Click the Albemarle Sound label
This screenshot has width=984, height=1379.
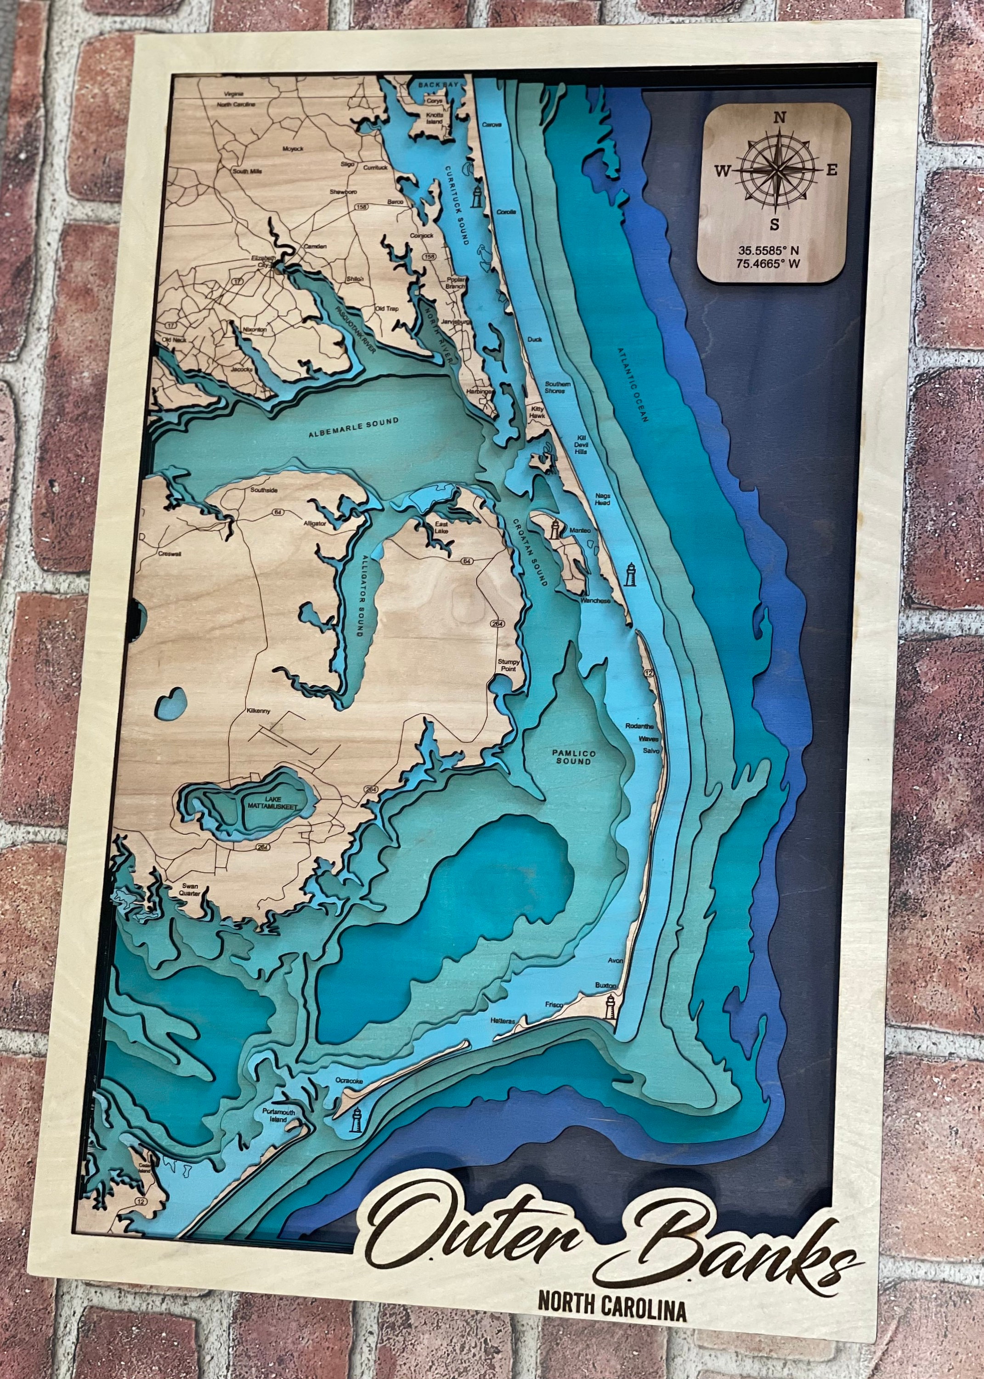click(353, 427)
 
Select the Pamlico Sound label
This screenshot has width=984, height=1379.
click(573, 757)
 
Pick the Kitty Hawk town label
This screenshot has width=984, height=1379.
click(537, 412)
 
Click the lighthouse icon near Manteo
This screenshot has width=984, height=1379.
click(554, 528)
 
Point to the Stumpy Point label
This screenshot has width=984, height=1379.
click(509, 665)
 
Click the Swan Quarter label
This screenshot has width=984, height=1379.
click(190, 890)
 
